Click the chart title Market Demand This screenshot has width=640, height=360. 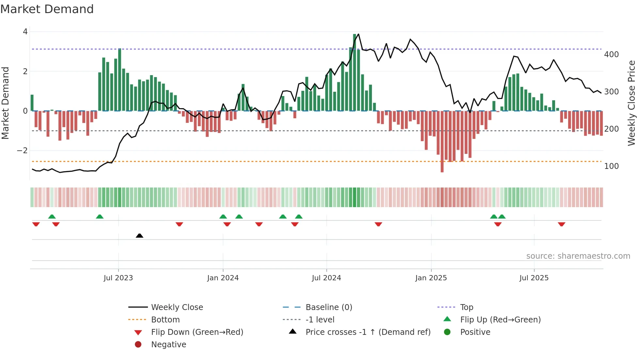click(x=47, y=9)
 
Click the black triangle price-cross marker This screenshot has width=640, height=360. click(x=139, y=236)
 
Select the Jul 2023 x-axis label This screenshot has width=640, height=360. click(x=118, y=278)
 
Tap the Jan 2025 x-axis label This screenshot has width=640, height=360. click(x=431, y=278)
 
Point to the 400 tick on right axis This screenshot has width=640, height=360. click(x=611, y=55)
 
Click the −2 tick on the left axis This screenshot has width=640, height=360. click(x=22, y=151)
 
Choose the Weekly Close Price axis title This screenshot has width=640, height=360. click(x=632, y=103)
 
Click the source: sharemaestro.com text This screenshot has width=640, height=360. click(x=578, y=256)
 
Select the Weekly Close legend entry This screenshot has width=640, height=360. click(x=177, y=307)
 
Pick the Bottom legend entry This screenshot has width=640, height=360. click(x=165, y=320)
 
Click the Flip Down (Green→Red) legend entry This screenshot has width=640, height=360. click(x=197, y=332)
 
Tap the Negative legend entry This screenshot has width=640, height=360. click(x=168, y=345)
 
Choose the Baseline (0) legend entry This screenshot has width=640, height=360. click(x=328, y=307)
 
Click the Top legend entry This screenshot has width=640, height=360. click(x=467, y=307)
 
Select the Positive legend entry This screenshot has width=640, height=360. click(x=475, y=332)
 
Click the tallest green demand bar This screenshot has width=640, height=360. click(x=355, y=72)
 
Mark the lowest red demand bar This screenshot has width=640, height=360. click(x=442, y=142)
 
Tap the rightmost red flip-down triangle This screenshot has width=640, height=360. click(x=562, y=224)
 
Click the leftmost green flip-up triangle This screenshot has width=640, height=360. click(x=52, y=217)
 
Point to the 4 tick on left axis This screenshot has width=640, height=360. click(x=25, y=32)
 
